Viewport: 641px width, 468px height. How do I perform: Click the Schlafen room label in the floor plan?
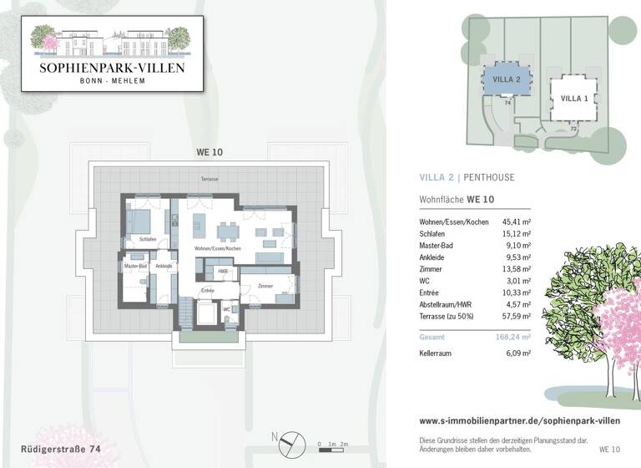pyautogui.click(x=149, y=239)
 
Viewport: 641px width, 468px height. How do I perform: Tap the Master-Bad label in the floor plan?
pyautogui.click(x=136, y=266)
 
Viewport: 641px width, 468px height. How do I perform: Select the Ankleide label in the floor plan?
pyautogui.click(x=164, y=266)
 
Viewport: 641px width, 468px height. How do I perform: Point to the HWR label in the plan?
pyautogui.click(x=223, y=272)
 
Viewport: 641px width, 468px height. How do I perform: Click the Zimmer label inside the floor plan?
pyautogui.click(x=265, y=286)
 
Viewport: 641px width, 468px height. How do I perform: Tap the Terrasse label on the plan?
pyautogui.click(x=209, y=180)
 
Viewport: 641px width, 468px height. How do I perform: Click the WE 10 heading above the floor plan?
pyautogui.click(x=209, y=152)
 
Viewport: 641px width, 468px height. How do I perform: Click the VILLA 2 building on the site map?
pyautogui.click(x=507, y=79)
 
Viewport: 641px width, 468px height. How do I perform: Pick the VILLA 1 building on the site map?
pyautogui.click(x=574, y=98)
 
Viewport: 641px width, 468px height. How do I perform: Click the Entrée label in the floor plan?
pyautogui.click(x=208, y=290)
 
